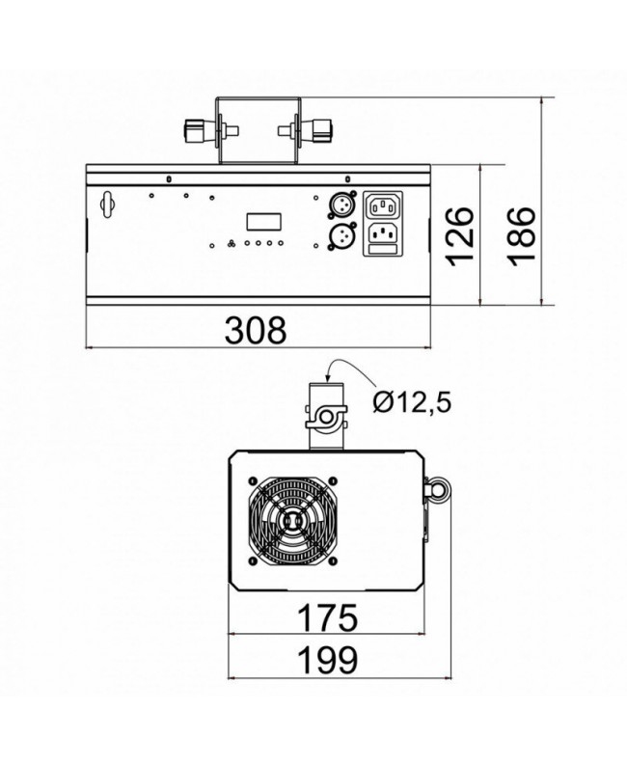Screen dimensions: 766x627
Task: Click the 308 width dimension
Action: tap(256, 330)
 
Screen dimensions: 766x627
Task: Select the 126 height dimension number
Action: tap(462, 234)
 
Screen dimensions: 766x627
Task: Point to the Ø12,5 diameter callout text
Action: tap(413, 398)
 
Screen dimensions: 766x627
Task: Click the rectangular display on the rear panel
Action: tap(262, 221)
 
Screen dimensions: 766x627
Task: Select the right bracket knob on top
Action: tap(320, 130)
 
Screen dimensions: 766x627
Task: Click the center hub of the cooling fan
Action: tap(293, 522)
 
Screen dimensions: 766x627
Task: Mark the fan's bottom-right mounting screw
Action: tap(333, 561)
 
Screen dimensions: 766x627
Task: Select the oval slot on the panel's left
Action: tap(105, 205)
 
